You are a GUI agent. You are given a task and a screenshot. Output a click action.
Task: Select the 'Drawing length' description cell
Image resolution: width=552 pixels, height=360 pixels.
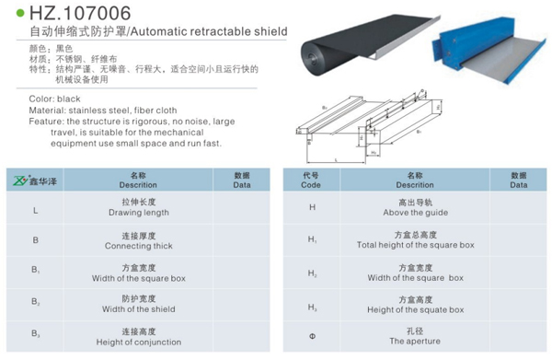click(x=139, y=208)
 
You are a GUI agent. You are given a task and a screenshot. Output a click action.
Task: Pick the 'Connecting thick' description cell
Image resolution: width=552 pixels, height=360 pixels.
click(x=139, y=241)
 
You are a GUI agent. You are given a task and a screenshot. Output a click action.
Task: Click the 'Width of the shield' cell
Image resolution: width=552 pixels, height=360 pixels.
click(x=139, y=304)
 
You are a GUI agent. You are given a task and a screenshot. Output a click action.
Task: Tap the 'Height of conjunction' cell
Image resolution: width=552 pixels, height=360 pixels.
click(x=139, y=337)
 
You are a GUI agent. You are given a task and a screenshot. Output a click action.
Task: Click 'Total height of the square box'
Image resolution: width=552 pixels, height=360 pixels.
click(x=415, y=241)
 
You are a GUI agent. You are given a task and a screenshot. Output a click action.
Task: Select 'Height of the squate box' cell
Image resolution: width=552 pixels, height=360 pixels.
click(x=415, y=304)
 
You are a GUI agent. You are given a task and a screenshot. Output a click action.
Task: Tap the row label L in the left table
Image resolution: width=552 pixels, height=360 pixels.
click(x=35, y=210)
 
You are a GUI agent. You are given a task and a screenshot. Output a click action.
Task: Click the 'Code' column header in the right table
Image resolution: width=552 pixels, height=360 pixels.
click(x=311, y=180)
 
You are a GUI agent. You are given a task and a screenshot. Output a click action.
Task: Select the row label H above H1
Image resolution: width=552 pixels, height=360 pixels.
click(x=312, y=209)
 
